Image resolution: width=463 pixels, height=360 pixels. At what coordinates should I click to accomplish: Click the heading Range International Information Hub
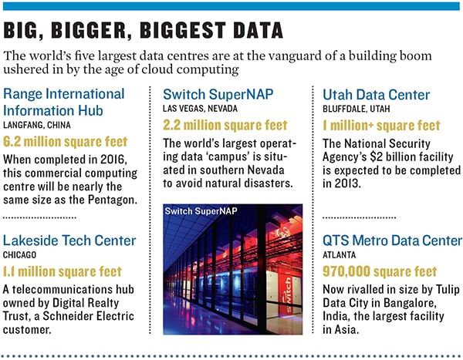tap(63, 101)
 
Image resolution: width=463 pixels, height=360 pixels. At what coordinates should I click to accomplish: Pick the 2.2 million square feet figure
tap(225, 125)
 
